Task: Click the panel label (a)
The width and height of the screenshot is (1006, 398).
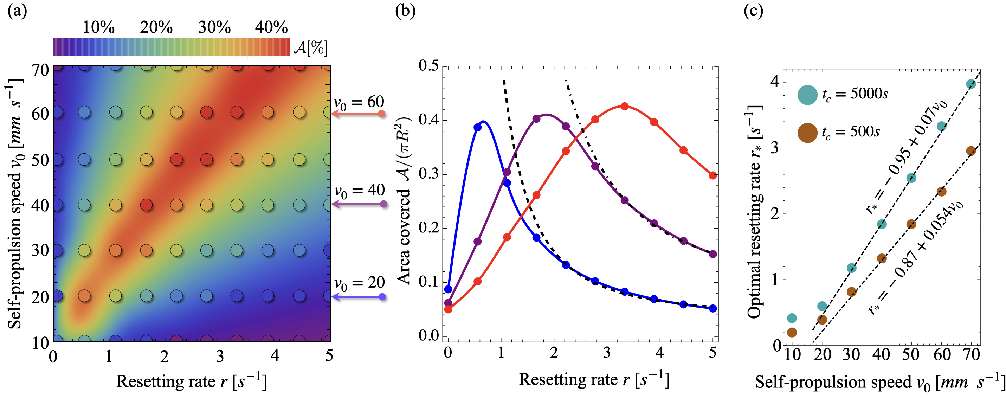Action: (17, 11)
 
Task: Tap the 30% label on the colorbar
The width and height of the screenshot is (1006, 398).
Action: (214, 27)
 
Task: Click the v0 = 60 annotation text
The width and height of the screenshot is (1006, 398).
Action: (359, 102)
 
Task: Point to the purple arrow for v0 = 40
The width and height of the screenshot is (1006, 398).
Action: (359, 204)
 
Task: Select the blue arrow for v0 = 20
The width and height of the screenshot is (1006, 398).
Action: (359, 297)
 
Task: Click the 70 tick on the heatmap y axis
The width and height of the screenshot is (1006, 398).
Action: (40, 71)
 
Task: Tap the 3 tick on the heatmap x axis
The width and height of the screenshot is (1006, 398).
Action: (220, 356)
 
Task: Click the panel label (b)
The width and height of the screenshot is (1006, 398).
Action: (405, 11)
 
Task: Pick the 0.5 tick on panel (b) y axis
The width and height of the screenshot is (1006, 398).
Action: (428, 66)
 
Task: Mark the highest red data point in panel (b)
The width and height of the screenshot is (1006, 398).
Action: (625, 106)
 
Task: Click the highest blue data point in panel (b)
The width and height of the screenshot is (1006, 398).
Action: (477, 127)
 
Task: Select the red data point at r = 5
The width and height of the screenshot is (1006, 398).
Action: (713, 175)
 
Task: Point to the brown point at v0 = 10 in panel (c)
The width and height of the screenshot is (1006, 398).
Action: (792, 332)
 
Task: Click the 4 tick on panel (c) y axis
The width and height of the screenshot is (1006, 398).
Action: (774, 82)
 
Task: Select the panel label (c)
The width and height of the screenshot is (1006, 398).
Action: (753, 11)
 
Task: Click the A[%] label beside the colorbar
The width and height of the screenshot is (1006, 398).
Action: (311, 48)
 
